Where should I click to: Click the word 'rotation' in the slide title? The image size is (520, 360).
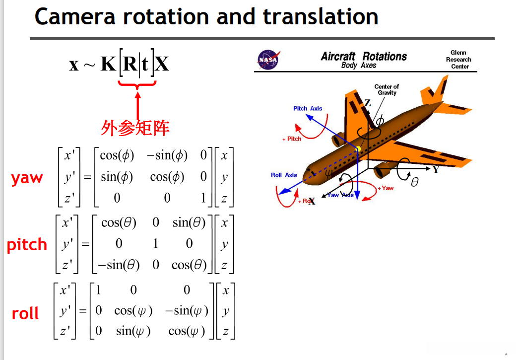coord(166,16)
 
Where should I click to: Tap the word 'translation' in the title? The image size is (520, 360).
coord(321,16)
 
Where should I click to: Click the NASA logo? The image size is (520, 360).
coord(268,60)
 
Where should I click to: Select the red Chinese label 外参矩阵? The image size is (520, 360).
coord(135,128)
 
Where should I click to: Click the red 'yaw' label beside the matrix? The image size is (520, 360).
coord(27,178)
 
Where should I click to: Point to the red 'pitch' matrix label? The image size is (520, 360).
coord(27,245)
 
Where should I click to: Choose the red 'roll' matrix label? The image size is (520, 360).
coord(25,313)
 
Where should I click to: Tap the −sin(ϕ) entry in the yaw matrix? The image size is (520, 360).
coord(167,155)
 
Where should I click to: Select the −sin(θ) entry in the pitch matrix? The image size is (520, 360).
coord(119,265)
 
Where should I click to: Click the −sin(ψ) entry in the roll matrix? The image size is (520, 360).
coord(187,311)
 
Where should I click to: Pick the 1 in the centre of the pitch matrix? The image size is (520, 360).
coord(155,243)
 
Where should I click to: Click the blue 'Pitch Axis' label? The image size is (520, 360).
coord(308,109)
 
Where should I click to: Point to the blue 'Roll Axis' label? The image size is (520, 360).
coord(284,175)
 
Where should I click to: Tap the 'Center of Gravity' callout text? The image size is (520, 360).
coord(387,89)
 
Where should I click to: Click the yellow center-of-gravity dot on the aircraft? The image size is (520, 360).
coord(358,149)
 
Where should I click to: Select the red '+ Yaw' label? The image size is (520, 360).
coord(386,188)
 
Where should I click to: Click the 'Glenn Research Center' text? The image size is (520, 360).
coord(458,60)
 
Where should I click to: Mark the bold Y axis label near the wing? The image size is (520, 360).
coord(436,169)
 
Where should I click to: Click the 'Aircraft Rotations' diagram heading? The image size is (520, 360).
coord(364,57)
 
